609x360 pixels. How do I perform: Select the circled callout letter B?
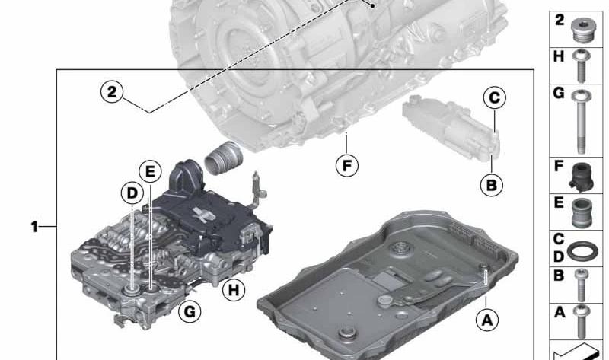491,183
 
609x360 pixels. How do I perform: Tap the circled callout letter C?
494,97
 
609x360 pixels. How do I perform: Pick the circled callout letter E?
150,172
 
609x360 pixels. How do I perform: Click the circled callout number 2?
112,92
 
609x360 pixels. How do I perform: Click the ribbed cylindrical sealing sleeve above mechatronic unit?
222,156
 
